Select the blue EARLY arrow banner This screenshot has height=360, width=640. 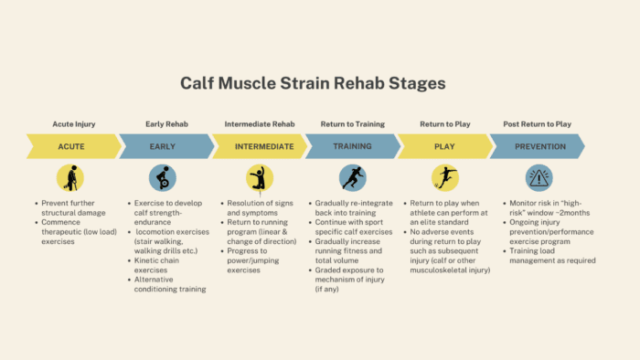(x=165, y=146)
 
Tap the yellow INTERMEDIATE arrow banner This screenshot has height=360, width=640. (x=260, y=146)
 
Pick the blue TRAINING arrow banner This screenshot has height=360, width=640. (x=352, y=146)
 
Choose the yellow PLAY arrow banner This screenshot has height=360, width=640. (x=444, y=146)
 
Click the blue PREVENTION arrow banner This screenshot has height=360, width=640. (x=539, y=146)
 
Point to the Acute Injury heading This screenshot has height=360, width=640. (x=72, y=123)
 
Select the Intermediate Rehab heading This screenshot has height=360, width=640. (x=260, y=123)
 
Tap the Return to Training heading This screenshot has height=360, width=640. (x=352, y=123)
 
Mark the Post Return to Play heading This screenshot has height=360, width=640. (x=538, y=123)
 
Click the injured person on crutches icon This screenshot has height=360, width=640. (x=69, y=177)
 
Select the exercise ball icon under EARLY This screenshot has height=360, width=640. (x=163, y=177)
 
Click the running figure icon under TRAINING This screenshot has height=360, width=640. (x=352, y=177)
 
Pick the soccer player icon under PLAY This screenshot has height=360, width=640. (x=444, y=177)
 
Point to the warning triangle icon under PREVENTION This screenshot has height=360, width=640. (x=539, y=177)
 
